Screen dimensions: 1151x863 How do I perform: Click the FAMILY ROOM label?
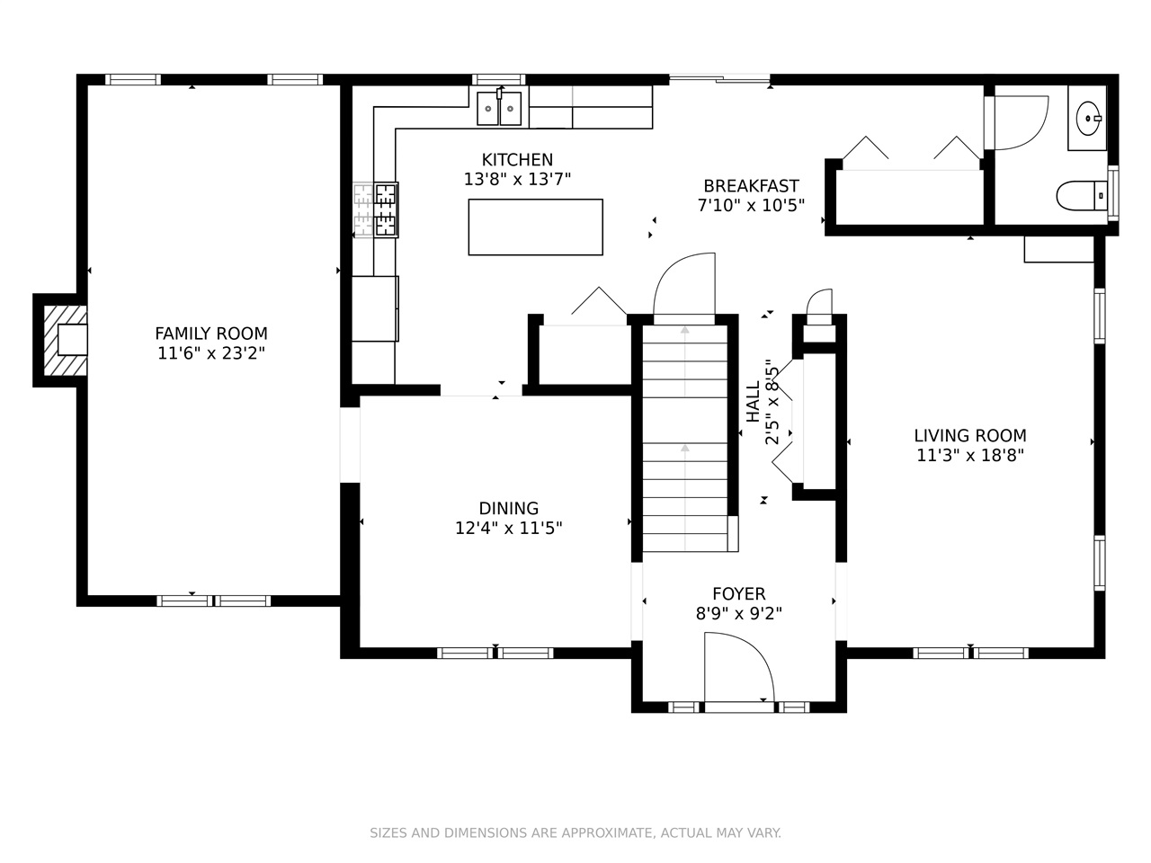click(210, 334)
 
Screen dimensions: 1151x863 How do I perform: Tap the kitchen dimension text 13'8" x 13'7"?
click(517, 179)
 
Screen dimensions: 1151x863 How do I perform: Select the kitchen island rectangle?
click(535, 227)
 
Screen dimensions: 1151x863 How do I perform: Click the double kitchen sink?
click(499, 108)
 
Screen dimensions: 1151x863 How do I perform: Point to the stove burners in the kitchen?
click(386, 209)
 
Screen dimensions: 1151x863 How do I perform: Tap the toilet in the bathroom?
click(1081, 195)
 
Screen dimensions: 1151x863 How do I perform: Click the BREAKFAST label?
click(751, 186)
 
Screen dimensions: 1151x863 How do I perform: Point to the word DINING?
click(509, 508)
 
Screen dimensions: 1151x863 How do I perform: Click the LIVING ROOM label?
click(970, 435)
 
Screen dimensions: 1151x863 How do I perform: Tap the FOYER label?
click(739, 593)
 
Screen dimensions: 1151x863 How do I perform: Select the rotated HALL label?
click(753, 402)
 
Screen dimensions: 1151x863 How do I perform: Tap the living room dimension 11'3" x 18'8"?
click(970, 456)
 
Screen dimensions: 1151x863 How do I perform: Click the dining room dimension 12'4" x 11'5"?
click(509, 529)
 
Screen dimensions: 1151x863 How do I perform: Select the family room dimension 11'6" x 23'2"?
click(210, 353)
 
